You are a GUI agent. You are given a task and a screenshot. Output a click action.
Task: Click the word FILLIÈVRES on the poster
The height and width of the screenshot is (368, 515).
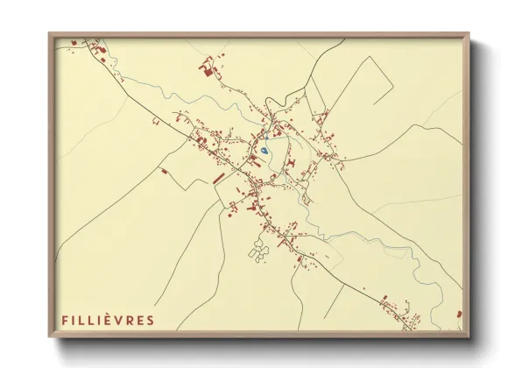click(107, 320)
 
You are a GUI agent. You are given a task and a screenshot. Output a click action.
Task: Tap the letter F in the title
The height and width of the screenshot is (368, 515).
click(64, 320)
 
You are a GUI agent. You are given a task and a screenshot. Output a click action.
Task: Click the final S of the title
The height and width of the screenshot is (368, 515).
click(150, 320)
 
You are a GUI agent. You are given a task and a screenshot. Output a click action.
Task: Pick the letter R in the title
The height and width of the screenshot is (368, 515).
click(130, 320)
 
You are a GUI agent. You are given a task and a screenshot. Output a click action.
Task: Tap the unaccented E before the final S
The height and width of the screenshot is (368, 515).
click(140, 320)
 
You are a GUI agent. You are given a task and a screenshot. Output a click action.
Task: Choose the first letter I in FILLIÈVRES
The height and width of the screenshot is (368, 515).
click(74, 320)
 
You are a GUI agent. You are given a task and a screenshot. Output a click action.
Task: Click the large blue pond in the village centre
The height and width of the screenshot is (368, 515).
click(264, 152)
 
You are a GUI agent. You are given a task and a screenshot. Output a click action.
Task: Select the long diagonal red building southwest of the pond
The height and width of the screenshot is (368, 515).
click(218, 178)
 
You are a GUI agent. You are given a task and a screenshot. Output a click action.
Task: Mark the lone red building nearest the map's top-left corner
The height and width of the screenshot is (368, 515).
click(74, 41)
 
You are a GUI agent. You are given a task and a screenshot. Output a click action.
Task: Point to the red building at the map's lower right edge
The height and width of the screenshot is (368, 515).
click(459, 314)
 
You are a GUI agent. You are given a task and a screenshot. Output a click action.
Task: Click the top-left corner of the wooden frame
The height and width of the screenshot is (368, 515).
click(49, 34)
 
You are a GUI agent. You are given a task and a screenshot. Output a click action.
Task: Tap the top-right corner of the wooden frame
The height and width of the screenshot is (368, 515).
click(469, 34)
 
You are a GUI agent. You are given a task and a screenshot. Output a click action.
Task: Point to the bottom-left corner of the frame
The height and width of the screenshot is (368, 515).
click(49, 337)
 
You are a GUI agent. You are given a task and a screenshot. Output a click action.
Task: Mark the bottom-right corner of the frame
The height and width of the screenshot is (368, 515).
click(469, 337)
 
